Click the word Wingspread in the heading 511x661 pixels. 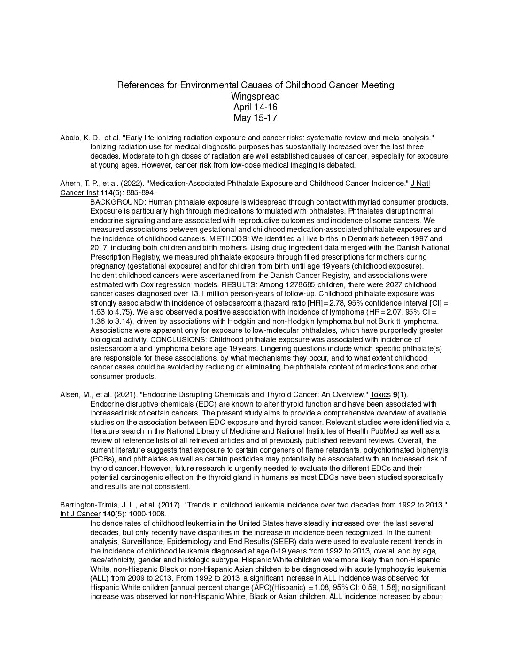point(255,96)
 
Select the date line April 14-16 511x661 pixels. point(255,107)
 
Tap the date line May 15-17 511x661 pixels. point(255,118)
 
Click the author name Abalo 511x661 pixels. point(70,138)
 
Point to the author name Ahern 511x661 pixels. point(70,184)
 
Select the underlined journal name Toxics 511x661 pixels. point(380,395)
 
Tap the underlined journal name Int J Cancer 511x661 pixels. point(80,514)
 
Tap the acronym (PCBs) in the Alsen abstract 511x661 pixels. point(102,459)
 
